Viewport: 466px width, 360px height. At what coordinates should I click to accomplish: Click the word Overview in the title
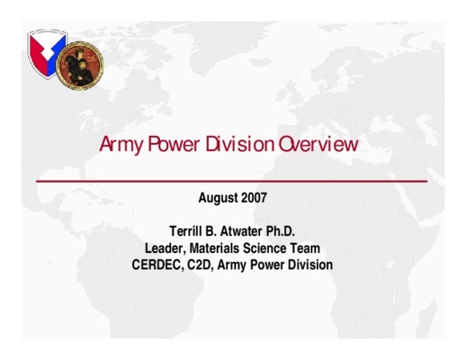tap(318, 144)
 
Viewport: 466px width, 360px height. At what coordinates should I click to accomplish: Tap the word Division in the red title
tap(240, 144)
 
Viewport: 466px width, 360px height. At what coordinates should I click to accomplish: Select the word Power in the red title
tap(174, 144)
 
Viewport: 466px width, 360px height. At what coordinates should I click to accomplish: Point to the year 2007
tap(254, 198)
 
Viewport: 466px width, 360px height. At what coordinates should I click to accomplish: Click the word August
tap(218, 198)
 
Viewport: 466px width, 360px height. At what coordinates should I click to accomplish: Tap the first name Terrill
tap(185, 231)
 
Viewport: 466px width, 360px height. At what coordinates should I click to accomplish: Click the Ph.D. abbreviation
tap(281, 231)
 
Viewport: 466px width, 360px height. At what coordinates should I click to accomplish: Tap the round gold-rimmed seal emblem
tap(80, 66)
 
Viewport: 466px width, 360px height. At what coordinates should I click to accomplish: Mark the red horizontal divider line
tap(231, 181)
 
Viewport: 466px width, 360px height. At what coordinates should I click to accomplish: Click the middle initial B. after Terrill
tap(211, 231)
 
